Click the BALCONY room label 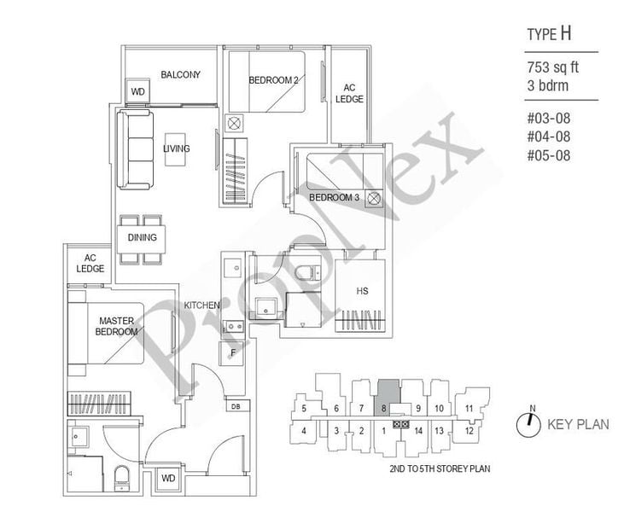[x=180, y=75]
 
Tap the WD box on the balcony [x=137, y=91]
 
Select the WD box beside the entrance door [x=167, y=479]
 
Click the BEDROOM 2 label [x=273, y=81]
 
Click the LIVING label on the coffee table [x=176, y=149]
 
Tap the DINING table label [x=142, y=237]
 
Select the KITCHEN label [x=201, y=305]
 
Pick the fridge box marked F [x=231, y=352]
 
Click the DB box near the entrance [x=235, y=407]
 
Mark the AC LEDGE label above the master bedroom [x=90, y=264]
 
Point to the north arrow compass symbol [x=530, y=422]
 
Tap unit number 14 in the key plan [x=417, y=430]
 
